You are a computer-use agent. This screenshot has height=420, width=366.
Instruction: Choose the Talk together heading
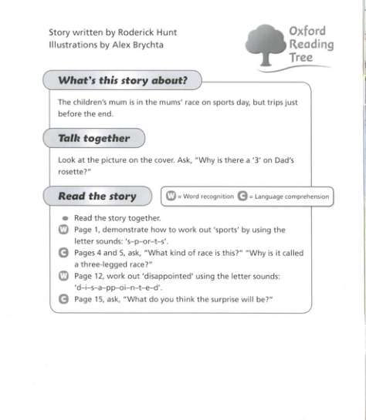[x=94, y=139]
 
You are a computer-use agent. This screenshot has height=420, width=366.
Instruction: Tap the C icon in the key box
[x=242, y=197]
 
